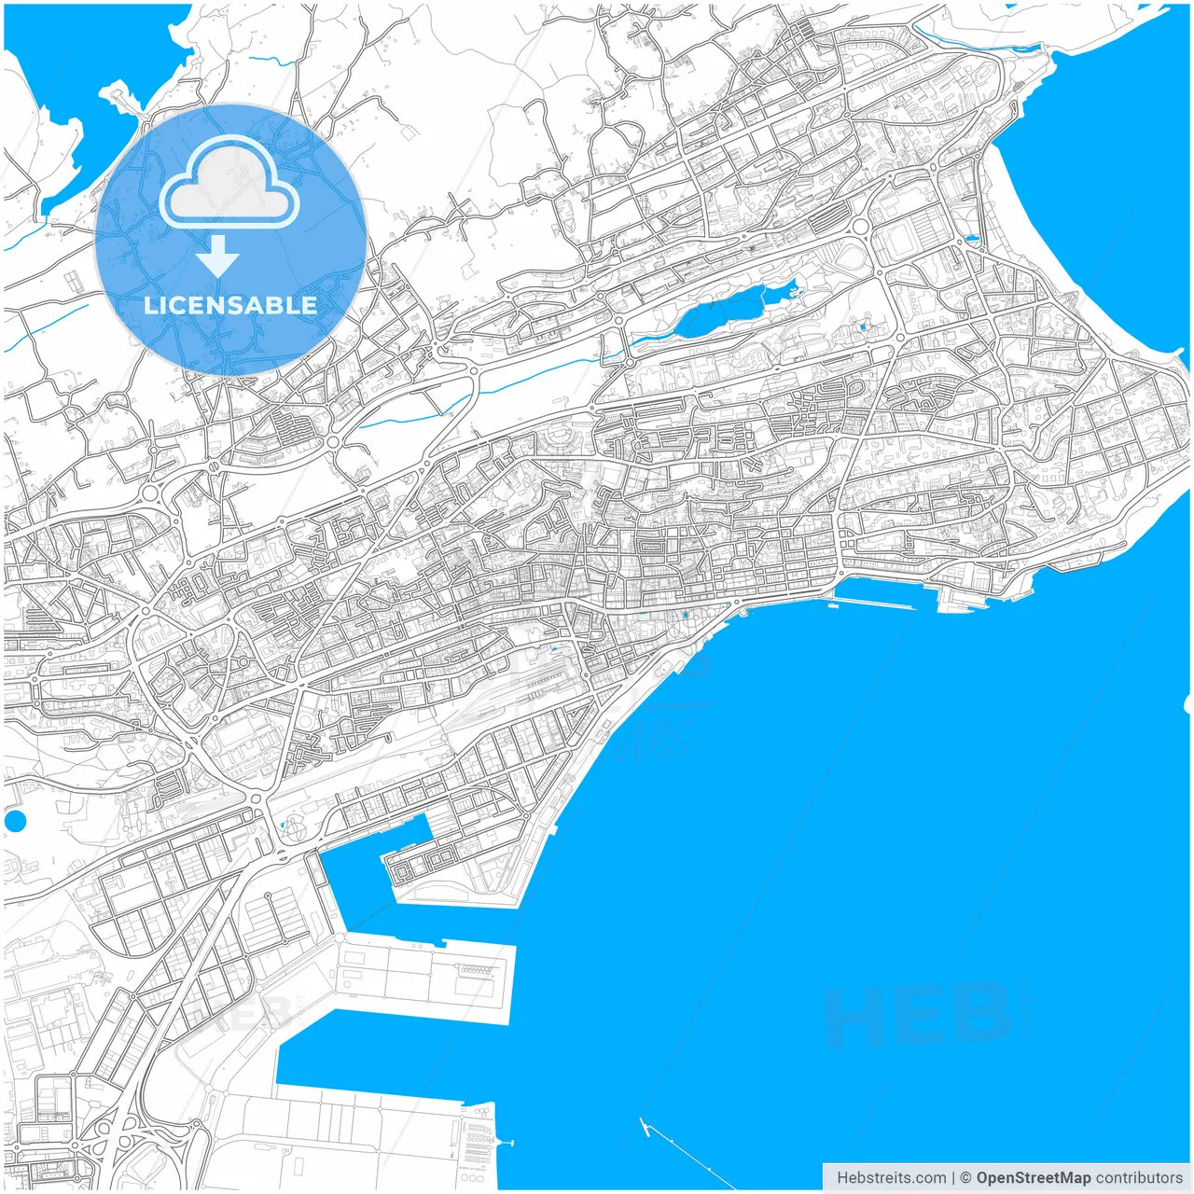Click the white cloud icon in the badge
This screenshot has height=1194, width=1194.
pyautogui.click(x=229, y=183)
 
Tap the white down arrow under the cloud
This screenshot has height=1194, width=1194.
pyautogui.click(x=217, y=256)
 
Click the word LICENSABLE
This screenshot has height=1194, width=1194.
pyautogui.click(x=230, y=305)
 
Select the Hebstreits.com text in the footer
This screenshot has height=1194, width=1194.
pyautogui.click(x=891, y=1178)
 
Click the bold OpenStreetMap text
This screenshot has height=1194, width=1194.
pyautogui.click(x=1033, y=1178)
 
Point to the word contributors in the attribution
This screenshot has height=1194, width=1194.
pyautogui.click(x=1138, y=1178)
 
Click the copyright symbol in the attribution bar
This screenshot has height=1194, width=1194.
pyautogui.click(x=965, y=1178)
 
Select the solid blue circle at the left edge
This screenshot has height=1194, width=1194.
pyautogui.click(x=15, y=822)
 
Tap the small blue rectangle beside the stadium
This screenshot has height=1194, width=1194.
pyautogui.click(x=972, y=239)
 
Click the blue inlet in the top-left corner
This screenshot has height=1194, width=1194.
pyautogui.click(x=56, y=112)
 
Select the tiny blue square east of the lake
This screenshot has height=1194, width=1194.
pyautogui.click(x=863, y=326)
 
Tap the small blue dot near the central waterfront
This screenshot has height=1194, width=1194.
pyautogui.click(x=687, y=615)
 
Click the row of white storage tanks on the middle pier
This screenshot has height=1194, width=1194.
pyautogui.click(x=476, y=970)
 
